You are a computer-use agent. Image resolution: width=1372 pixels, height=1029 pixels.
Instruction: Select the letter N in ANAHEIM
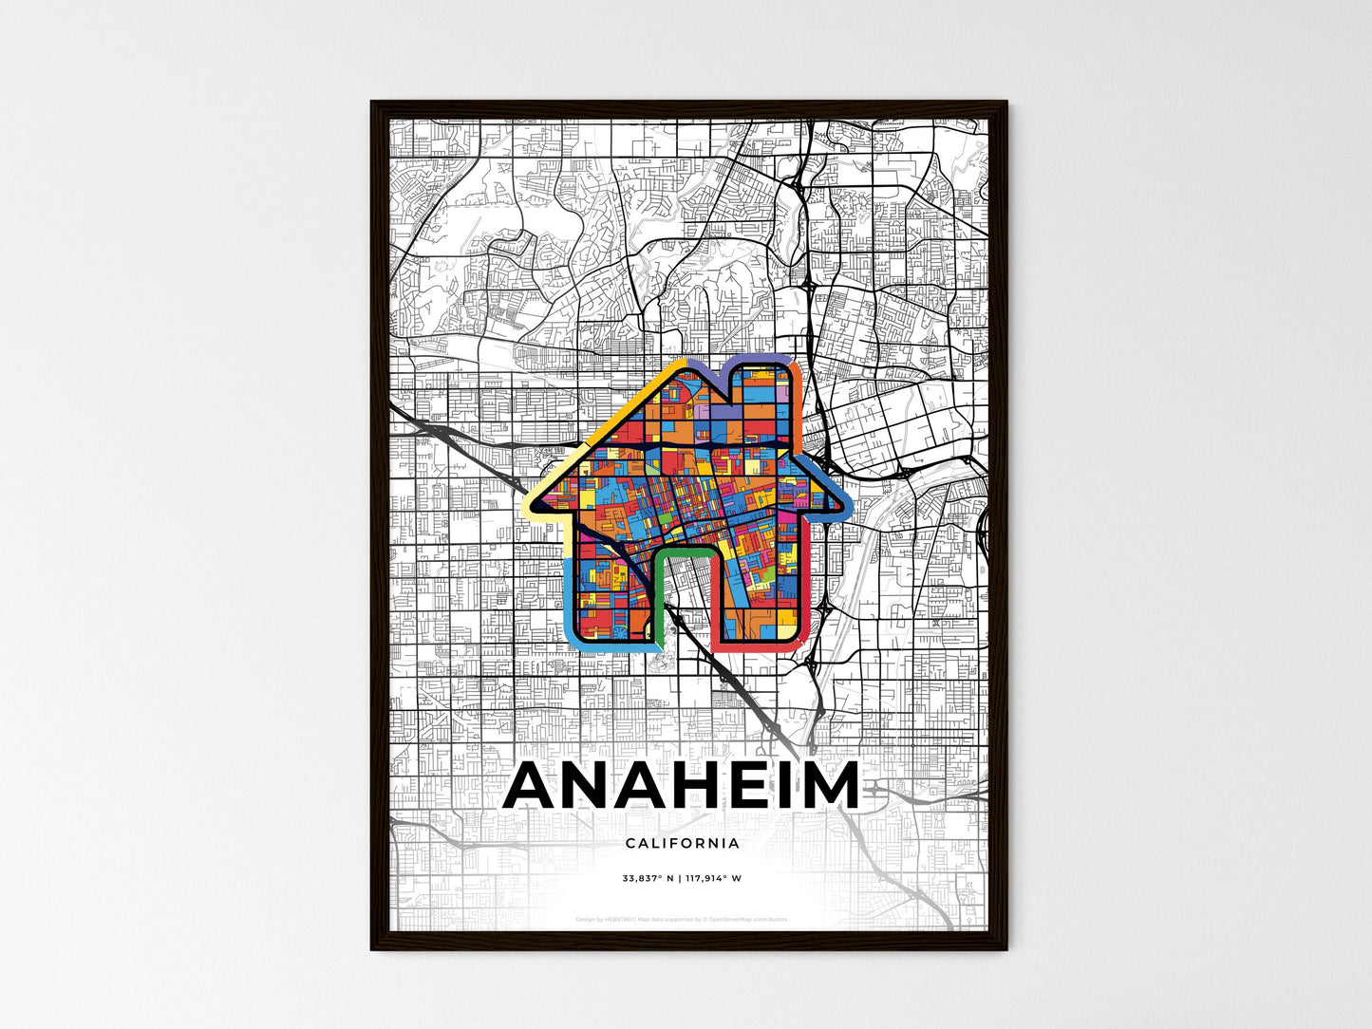click(591, 786)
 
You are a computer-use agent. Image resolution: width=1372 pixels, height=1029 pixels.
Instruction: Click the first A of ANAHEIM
click(533, 786)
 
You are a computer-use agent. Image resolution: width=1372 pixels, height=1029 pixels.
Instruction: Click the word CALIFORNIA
click(682, 843)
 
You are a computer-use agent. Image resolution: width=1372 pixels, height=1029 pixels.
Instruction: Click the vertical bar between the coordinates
click(680, 878)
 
